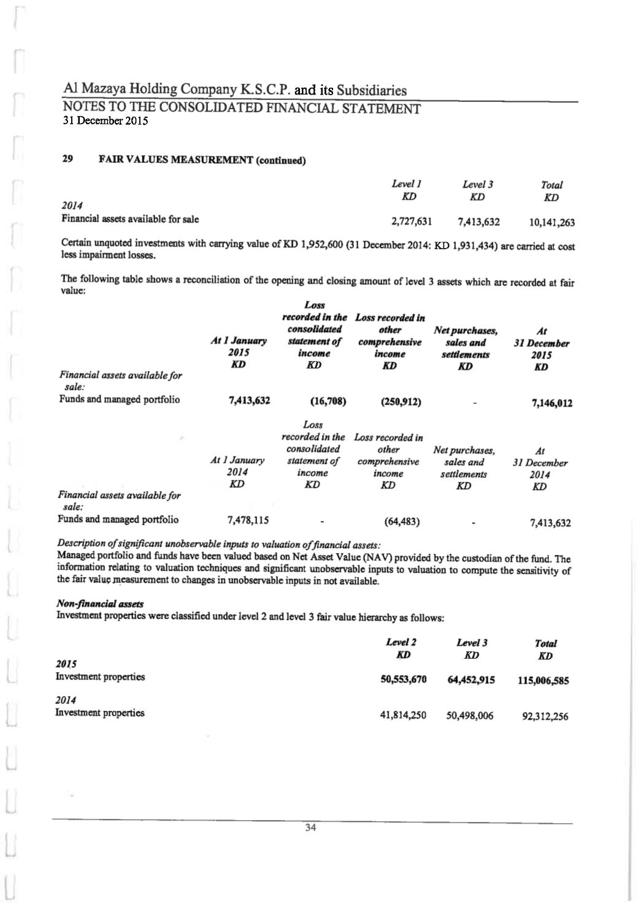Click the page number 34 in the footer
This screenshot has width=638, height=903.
(310, 828)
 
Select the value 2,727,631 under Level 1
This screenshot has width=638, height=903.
(411, 221)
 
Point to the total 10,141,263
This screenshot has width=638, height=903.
(552, 223)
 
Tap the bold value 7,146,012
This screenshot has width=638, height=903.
(552, 403)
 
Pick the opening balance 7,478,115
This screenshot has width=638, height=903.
(248, 520)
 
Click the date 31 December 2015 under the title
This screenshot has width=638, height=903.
(106, 121)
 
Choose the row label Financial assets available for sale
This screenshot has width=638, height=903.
(129, 218)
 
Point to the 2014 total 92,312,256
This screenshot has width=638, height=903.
(545, 716)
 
